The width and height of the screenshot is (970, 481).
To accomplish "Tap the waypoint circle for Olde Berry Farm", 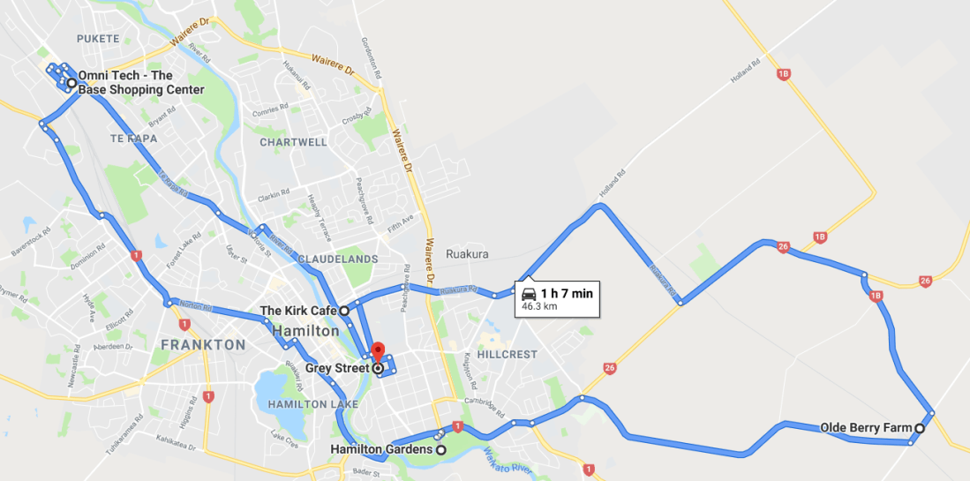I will pyautogui.click(x=919, y=428).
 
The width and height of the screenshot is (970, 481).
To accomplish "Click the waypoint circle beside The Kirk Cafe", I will pyautogui.click(x=344, y=311).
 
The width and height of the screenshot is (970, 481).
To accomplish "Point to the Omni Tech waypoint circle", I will pyautogui.click(x=71, y=83).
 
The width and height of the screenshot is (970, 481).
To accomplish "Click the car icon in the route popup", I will pyautogui.click(x=529, y=294).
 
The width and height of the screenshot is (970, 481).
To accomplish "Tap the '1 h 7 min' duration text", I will pyautogui.click(x=567, y=294).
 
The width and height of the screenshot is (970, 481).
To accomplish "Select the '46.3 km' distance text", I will pyautogui.click(x=539, y=306).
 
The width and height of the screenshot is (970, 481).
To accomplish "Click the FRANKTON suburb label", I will pyautogui.click(x=203, y=344).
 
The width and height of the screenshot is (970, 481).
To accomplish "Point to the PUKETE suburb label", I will pyautogui.click(x=97, y=39).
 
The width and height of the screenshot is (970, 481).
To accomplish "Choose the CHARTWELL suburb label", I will pyautogui.click(x=293, y=142).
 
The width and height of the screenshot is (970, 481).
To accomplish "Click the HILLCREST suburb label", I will pyautogui.click(x=508, y=353).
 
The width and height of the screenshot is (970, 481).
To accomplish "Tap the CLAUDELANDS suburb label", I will pyautogui.click(x=338, y=259).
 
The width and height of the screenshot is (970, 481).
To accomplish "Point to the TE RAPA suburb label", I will pyautogui.click(x=132, y=139).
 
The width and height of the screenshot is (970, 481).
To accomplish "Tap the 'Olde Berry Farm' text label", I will pyautogui.click(x=865, y=428).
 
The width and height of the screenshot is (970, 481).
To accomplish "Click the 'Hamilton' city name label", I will pyautogui.click(x=305, y=331).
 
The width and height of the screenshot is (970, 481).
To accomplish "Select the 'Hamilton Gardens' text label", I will pyautogui.click(x=381, y=450).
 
